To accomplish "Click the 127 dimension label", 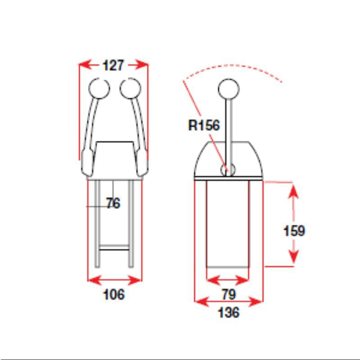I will click(113, 65).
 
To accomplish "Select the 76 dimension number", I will click(113, 203).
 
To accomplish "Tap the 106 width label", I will click(114, 295).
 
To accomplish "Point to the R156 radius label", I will click(204, 125).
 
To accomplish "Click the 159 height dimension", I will click(294, 231).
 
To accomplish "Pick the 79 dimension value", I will click(228, 295).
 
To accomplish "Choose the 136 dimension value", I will click(228, 312).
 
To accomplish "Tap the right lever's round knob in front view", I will click(130, 88).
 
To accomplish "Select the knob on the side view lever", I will click(229, 89).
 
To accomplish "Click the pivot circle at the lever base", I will click(228, 169).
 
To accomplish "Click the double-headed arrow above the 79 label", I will click(228, 280).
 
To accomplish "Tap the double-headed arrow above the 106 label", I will click(114, 280).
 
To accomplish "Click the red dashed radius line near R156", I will click(193, 101).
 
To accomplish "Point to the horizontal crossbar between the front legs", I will click(114, 247).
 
